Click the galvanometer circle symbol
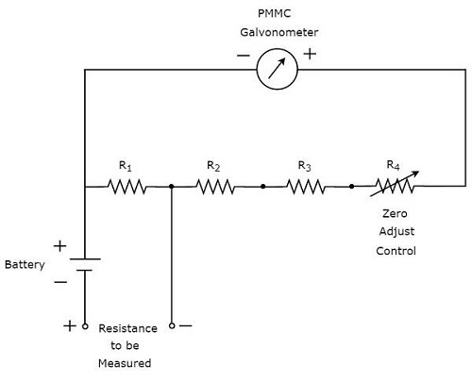coord(278,69)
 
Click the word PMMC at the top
coord(278,13)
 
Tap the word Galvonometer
coord(278,32)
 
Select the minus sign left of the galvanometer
coord(244,56)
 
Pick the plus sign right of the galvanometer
coord(310,55)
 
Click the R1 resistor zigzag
coord(127,187)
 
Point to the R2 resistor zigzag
coord(216,187)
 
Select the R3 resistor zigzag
coord(306,187)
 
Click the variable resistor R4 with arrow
coord(393,187)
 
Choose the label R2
coord(213,165)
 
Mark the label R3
coord(304,165)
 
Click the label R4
coord(394,165)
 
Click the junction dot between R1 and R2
coord(172,187)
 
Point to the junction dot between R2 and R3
coord(261,187)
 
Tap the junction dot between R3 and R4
coord(351,187)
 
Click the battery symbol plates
coord(84,263)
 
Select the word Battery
coord(25,265)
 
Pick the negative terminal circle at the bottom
coord(172,325)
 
